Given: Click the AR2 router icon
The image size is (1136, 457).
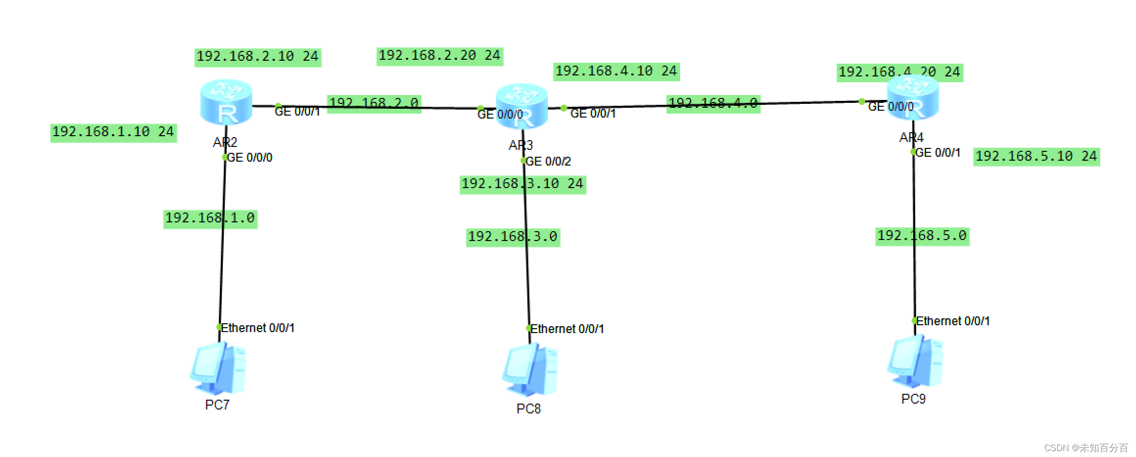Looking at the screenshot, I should coord(226,102).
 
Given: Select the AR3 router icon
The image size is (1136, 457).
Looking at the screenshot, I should coord(521,106).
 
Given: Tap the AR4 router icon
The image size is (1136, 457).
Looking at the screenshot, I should coord(913,97).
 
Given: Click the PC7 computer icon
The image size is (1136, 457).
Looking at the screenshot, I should coord(218,368).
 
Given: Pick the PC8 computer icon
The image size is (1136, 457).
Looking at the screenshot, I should coord(530,370).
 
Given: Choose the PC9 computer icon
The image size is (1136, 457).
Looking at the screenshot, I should coord(915,361).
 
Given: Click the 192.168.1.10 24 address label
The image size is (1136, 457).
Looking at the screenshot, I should coord(113,132).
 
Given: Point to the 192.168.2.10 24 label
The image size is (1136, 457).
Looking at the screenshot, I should coord(258,57).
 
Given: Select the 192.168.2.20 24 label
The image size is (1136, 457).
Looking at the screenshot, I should coord(440,56).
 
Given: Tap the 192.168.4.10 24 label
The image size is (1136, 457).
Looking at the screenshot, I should coord(616,72).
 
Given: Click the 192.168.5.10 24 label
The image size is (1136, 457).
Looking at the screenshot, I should coord(1036,157).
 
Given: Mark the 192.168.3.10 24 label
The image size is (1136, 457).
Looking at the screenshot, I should coord(522,184).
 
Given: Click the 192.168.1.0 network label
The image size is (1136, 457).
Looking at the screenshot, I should coord(210,218).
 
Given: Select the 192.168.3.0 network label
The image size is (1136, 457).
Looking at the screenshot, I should coord(513,237).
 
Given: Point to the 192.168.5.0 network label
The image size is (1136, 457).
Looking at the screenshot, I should coord(922,236).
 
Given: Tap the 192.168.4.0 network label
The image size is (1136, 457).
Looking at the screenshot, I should coord(713,103).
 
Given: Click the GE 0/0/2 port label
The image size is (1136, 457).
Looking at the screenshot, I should coord(548,162).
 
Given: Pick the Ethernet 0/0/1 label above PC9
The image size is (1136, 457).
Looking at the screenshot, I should coord(952,321).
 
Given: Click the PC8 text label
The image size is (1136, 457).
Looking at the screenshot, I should coord(528,409).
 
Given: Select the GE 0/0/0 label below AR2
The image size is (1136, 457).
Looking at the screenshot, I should coord(249,158).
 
